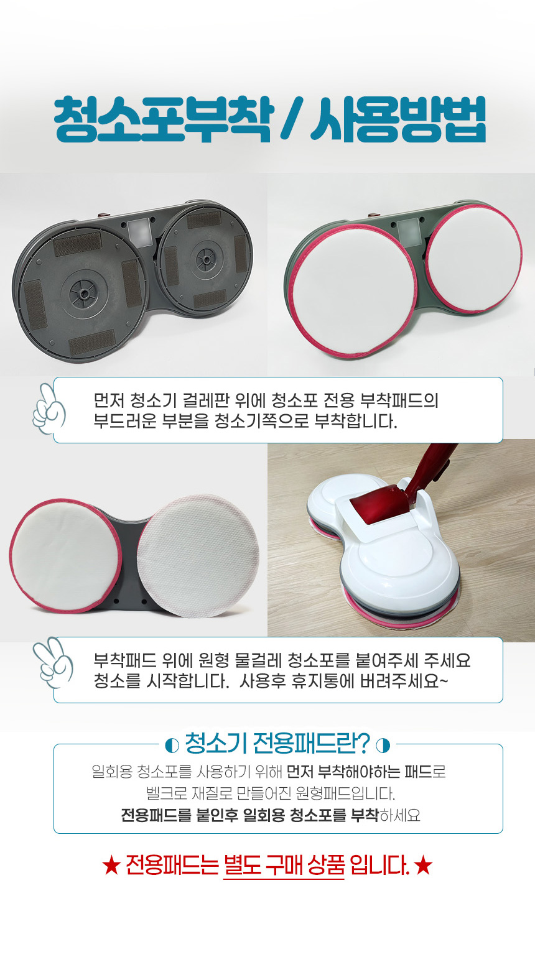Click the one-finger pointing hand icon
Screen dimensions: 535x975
click(49, 409)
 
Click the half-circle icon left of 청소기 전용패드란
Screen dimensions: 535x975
click(172, 746)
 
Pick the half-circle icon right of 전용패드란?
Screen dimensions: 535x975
click(383, 746)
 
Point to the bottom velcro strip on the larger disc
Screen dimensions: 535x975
click(92, 341)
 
